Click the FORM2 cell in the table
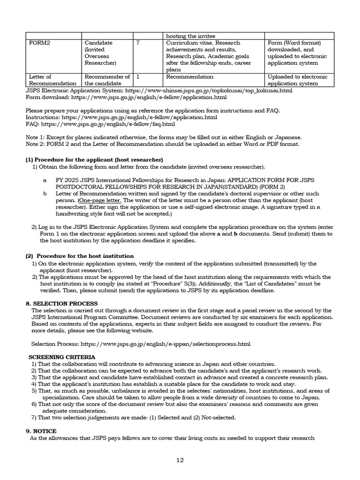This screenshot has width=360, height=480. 39,43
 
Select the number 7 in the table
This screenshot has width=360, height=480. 138,43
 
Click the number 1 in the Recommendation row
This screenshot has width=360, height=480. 137,76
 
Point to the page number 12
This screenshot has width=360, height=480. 180,460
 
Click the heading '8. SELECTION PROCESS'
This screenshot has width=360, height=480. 61,303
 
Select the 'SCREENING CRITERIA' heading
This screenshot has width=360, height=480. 62,357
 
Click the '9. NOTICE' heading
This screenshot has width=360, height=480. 41,431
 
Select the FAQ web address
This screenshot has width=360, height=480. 108,124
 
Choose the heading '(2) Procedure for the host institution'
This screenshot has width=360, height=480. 79,256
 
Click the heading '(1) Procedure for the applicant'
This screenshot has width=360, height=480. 94,159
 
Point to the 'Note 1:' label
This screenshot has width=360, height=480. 35,137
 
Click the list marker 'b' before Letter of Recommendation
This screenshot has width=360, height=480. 45,193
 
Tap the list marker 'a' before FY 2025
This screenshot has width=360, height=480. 45,180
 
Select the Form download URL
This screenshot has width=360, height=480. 149,97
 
